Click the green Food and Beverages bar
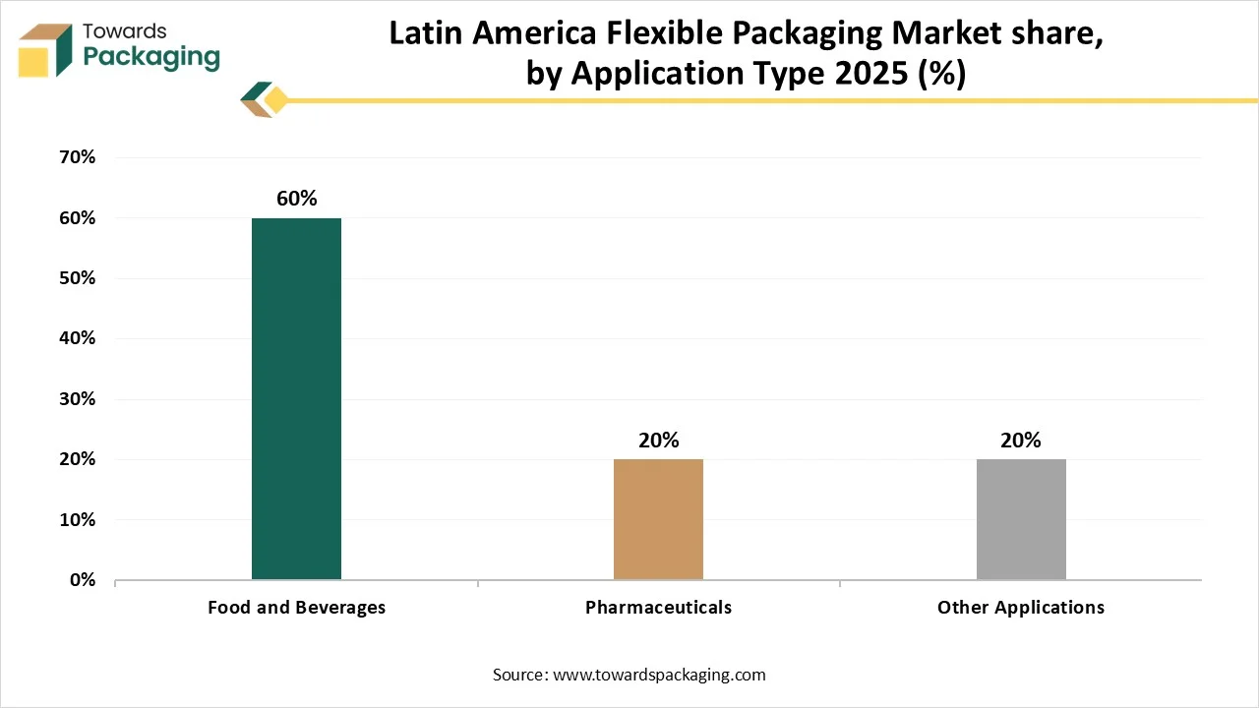tap(296, 398)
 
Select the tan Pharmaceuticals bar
tap(658, 519)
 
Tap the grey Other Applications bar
tap(1021, 519)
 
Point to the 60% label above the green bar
tap(296, 199)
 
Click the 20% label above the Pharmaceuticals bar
tap(658, 441)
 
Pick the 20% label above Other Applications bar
tap(1021, 441)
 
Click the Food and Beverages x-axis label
tap(296, 608)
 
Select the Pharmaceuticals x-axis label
tap(658, 608)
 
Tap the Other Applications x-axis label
tap(1021, 608)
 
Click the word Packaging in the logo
tap(151, 57)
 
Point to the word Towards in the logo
tap(125, 31)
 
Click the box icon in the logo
tap(45, 49)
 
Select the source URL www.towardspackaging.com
tap(659, 675)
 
